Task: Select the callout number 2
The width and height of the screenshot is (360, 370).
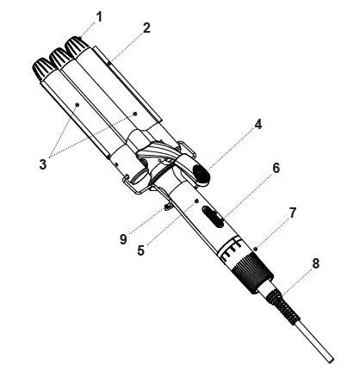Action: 146,28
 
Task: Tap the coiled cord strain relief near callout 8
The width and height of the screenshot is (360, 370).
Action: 282,305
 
